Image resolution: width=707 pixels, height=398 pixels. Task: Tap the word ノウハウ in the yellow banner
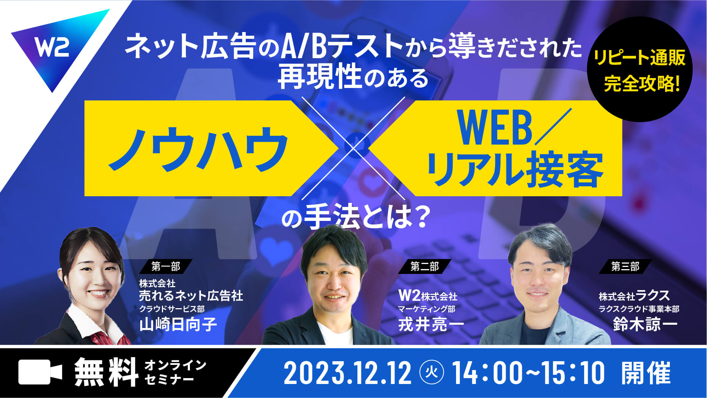click(198, 149)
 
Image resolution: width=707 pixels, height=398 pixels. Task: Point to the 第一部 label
click(166, 266)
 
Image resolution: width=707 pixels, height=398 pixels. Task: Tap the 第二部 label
click(425, 266)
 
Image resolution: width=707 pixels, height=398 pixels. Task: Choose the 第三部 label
click(625, 266)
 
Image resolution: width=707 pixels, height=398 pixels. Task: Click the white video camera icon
click(40, 372)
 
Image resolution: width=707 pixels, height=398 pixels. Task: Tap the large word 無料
click(106, 372)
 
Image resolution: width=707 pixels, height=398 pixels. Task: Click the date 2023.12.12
click(348, 373)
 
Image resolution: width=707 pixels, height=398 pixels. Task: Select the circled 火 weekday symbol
click(432, 373)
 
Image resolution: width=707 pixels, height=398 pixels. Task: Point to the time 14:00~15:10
click(528, 373)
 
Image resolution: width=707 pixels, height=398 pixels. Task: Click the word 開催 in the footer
click(646, 373)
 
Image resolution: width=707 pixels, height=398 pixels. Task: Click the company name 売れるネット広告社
click(191, 296)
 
